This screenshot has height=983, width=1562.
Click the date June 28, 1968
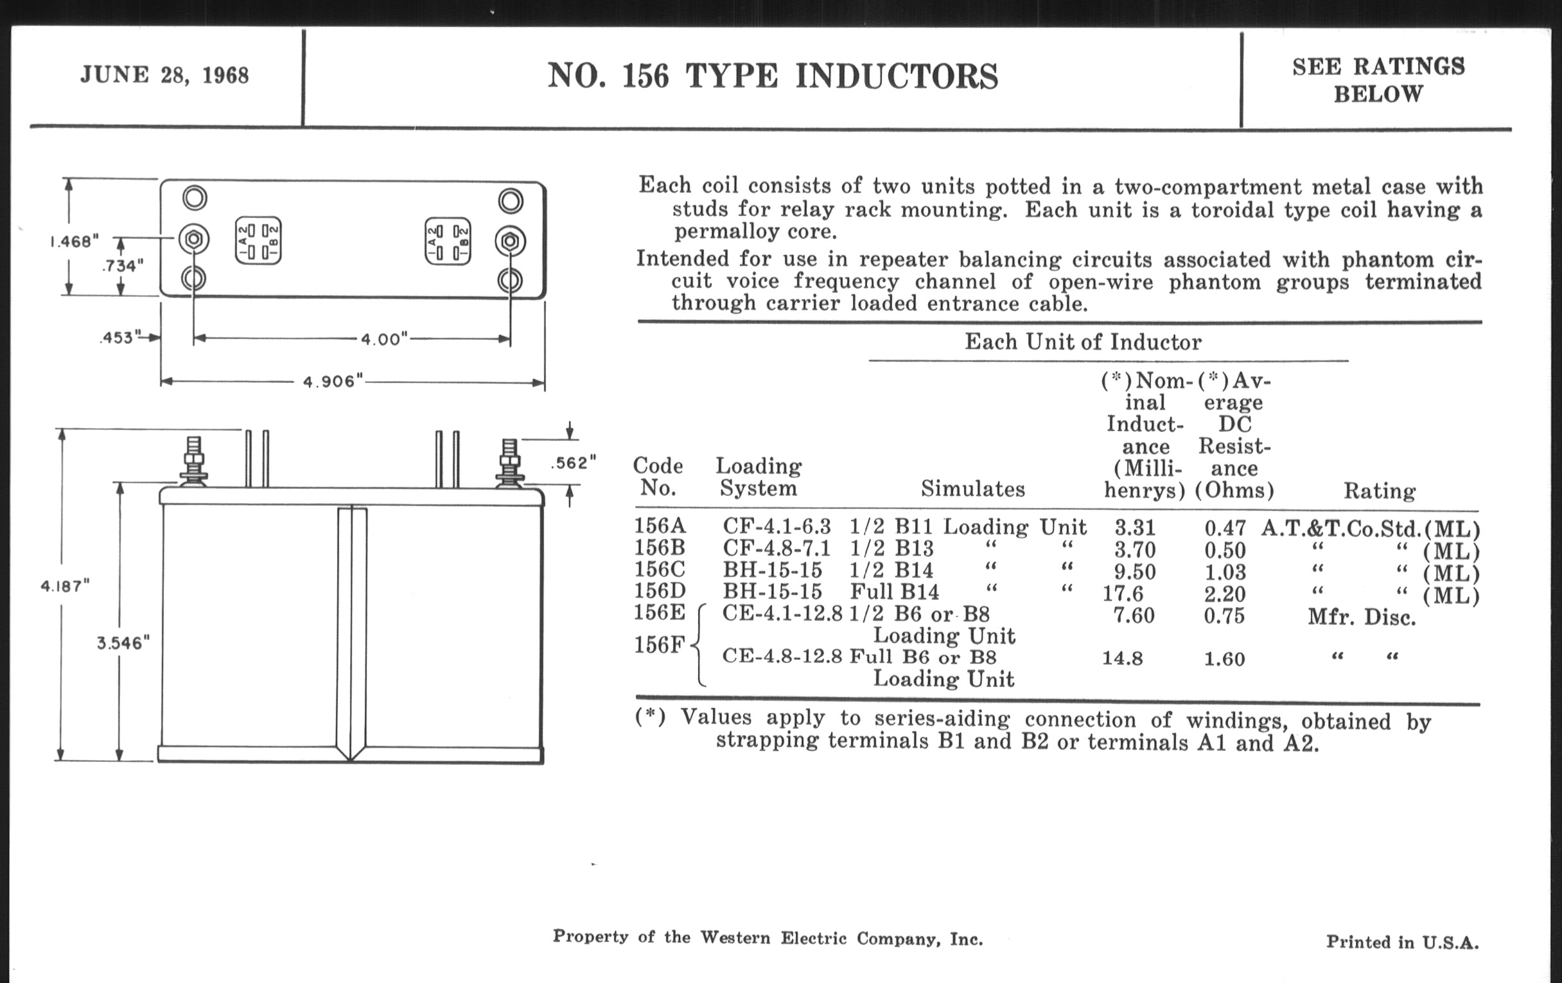164,75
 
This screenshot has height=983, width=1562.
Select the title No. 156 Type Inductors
772,76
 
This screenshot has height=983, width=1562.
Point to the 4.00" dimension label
384,339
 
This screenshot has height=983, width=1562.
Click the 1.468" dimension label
75,242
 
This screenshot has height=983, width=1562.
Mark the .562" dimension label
573,463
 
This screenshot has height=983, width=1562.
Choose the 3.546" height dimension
123,642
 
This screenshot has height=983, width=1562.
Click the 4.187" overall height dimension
65,586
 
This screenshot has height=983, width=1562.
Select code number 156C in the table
660,569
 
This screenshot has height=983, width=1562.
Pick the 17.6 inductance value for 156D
1123,593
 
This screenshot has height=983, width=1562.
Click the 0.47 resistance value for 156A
1225,527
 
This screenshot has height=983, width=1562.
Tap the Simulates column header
972,488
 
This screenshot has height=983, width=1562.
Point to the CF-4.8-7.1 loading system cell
777,549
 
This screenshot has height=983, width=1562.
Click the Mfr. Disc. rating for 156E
1361,616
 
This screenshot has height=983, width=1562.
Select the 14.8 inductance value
1122,659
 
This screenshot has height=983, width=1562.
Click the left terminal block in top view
258,241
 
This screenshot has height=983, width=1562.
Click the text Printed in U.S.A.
1402,941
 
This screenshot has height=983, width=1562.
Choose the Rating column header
1379,490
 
